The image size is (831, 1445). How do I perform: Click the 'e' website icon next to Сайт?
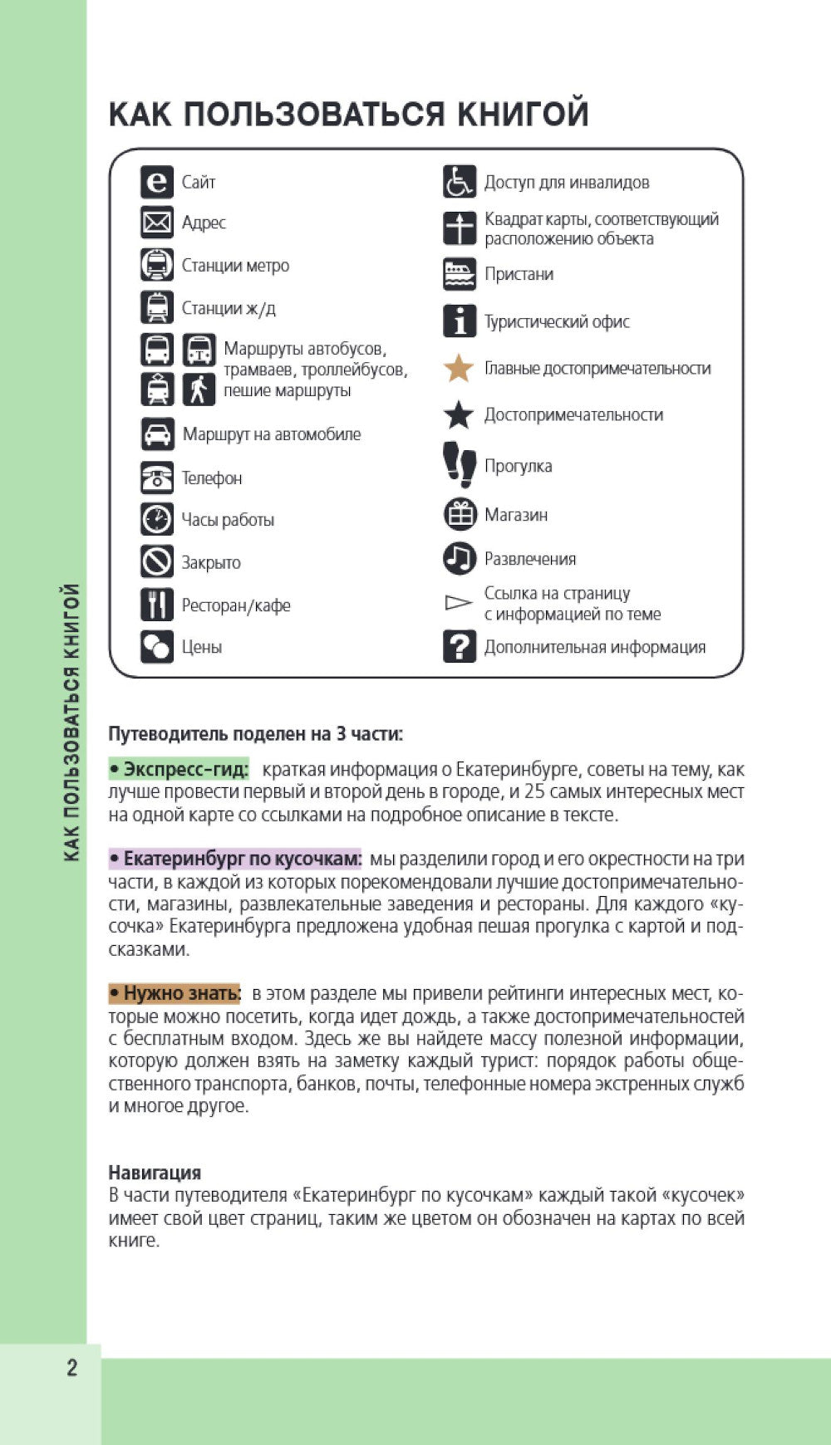pos(156,182)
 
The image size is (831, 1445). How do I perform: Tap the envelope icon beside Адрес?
pos(156,223)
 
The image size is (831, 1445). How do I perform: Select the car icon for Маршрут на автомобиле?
pos(157,433)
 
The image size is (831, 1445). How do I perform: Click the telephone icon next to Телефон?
pos(156,478)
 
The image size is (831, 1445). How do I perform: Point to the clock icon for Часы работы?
pos(156,519)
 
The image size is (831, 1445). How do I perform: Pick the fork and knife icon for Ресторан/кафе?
pos(156,605)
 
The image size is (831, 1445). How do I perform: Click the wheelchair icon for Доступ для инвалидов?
pos(459,182)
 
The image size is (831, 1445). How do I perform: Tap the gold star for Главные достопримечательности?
pos(459,368)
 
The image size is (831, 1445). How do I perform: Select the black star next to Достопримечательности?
pos(459,414)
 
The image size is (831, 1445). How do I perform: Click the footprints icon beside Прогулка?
pos(459,463)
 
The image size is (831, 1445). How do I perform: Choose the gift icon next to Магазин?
pos(460,514)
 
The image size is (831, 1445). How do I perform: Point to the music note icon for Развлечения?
pos(459,558)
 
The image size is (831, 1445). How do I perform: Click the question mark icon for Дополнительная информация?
pos(459,646)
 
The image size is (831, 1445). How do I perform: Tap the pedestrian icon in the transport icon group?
pos(199,389)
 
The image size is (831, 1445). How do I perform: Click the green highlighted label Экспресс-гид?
pos(179,769)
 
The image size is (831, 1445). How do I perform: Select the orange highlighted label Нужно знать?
pos(175,993)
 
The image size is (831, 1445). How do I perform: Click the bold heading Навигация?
pos(155,1173)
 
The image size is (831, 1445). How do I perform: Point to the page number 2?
pos(71,1368)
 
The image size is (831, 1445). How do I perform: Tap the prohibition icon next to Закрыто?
pos(156,562)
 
